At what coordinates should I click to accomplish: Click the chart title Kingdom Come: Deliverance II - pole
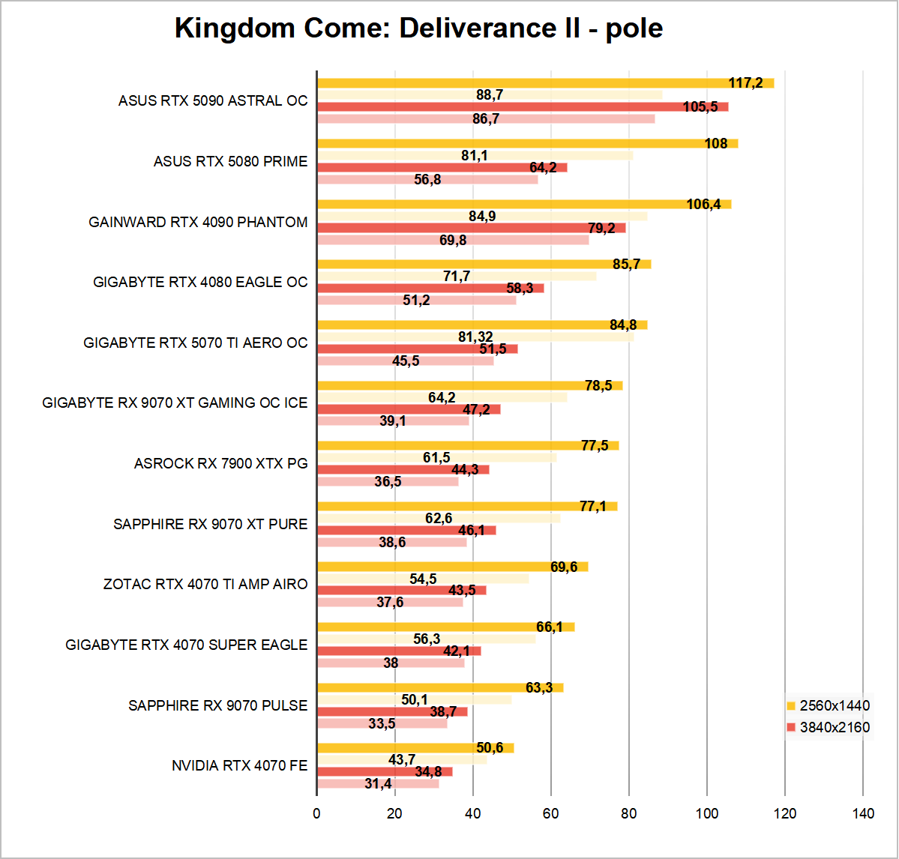click(418, 28)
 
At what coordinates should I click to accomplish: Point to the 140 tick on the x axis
click(863, 814)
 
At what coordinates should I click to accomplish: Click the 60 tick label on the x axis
click(551, 814)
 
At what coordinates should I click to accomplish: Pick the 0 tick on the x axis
click(317, 814)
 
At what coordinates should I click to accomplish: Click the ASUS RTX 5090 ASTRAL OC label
click(213, 100)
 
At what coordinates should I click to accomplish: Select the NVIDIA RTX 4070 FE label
click(239, 765)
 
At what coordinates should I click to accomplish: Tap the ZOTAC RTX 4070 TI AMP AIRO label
click(205, 584)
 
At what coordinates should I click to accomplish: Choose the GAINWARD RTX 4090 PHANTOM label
click(198, 222)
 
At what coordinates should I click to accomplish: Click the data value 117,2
click(745, 83)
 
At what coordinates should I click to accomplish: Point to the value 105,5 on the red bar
click(700, 107)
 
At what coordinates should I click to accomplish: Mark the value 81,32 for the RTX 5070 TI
click(475, 337)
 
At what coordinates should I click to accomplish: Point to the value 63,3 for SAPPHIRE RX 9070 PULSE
click(538, 688)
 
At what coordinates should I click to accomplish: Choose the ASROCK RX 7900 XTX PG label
click(220, 463)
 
